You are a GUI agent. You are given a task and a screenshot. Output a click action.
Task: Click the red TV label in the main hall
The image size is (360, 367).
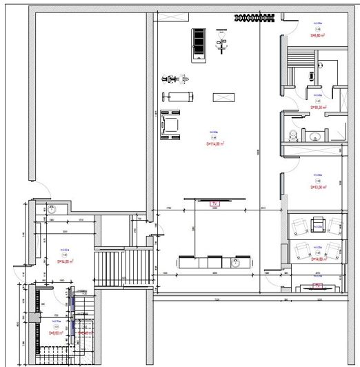point(214,204)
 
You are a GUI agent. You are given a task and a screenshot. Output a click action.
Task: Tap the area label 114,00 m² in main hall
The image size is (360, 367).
point(215,145)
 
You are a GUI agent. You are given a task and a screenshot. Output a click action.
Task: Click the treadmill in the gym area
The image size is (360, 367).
point(199,43)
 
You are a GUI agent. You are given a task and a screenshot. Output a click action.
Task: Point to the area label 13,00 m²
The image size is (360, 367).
point(317,187)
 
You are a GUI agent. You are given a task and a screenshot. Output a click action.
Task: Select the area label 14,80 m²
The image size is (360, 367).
point(318,260)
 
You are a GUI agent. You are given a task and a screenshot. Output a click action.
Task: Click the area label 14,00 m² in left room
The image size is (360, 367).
point(65,261)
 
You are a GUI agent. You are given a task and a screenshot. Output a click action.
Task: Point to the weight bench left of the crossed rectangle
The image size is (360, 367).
point(179,96)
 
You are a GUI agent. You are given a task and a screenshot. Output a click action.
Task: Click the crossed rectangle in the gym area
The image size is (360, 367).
point(225,98)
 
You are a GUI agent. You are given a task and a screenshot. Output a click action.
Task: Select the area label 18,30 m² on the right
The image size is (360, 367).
point(317,108)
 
